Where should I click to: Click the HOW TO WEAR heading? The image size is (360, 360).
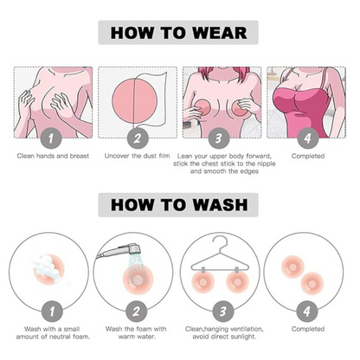[178, 33]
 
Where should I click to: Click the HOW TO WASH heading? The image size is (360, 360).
[179, 205]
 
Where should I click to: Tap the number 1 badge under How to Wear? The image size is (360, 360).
[51, 138]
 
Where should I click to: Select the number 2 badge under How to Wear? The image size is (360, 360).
[138, 138]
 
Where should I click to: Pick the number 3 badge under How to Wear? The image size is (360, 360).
[219, 138]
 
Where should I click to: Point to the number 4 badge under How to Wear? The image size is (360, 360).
[308, 138]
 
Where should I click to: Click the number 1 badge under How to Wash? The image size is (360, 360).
[52, 312]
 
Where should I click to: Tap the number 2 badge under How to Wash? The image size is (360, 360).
[137, 312]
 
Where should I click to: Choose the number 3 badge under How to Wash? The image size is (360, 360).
[223, 312]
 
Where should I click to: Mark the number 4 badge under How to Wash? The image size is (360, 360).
[307, 312]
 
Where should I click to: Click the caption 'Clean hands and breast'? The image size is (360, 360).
[53, 156]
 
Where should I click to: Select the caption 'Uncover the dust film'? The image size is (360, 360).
[137, 156]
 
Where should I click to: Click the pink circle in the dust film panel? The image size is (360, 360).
[135, 100]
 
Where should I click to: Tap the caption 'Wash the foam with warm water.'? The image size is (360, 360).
[136, 332]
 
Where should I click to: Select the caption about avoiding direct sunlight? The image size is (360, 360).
[224, 332]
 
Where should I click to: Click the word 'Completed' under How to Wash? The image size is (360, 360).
[308, 329]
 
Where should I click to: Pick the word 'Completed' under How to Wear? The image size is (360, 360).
[308, 156]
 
